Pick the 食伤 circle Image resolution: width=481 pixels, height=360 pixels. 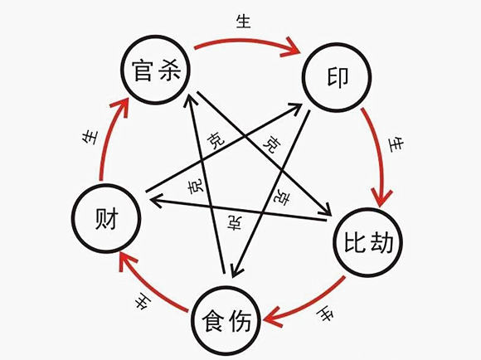point(226,319)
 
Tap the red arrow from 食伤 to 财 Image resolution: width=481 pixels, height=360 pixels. point(149,286)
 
